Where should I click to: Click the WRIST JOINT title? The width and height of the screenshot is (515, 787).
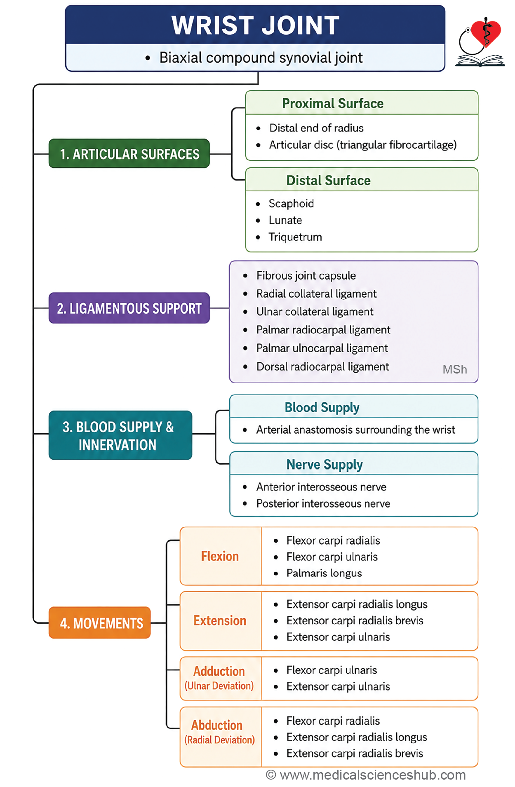(255, 25)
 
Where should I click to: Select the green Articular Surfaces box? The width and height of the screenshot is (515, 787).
(129, 154)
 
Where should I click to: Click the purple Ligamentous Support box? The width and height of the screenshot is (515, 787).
(129, 308)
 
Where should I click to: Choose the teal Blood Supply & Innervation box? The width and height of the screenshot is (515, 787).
(120, 435)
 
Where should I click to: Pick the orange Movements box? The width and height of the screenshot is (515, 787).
(100, 623)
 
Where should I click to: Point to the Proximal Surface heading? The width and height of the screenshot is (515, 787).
(333, 103)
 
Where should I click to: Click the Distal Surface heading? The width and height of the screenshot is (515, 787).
(329, 181)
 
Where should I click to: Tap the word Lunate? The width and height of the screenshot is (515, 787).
(285, 220)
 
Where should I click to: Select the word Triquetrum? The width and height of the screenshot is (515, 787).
(295, 237)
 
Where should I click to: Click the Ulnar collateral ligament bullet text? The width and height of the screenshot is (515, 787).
(315, 312)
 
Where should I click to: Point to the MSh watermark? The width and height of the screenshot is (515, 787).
(455, 369)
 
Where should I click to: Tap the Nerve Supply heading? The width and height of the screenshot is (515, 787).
(325, 465)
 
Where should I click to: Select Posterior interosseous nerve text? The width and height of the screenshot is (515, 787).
(323, 504)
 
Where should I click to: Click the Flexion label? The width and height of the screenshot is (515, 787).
(220, 556)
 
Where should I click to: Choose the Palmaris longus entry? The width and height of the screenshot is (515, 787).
(324, 573)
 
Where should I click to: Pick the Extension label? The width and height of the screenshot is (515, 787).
(220, 620)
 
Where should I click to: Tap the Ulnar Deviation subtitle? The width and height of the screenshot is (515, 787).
(219, 686)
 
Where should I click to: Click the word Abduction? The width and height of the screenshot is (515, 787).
(217, 725)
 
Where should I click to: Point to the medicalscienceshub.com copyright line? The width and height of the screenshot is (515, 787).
(366, 775)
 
